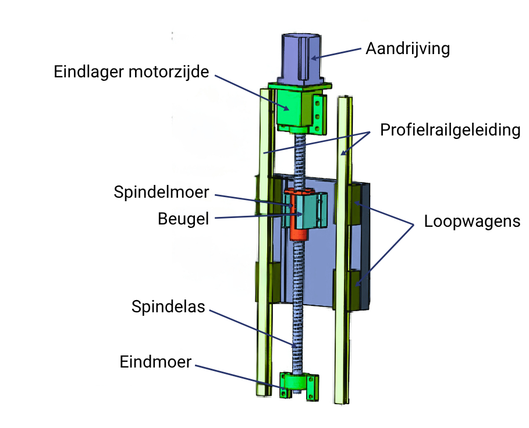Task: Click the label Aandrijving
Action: pyautogui.click(x=407, y=48)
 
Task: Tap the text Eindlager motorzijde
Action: pyautogui.click(x=132, y=72)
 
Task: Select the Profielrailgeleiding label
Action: pyautogui.click(x=449, y=129)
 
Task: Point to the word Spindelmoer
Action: pyautogui.click(x=161, y=192)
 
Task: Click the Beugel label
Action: pyautogui.click(x=183, y=219)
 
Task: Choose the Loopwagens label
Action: pyautogui.click(x=472, y=222)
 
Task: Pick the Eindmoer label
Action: pyautogui.click(x=155, y=362)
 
